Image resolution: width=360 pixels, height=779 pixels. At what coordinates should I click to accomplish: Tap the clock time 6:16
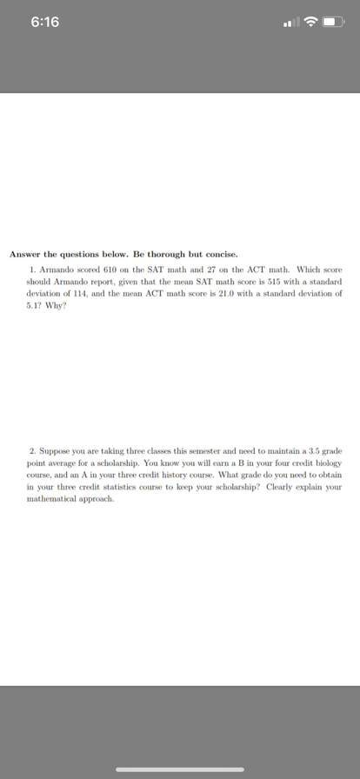(44, 22)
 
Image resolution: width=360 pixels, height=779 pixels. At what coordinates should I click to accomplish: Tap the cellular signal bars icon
(290, 22)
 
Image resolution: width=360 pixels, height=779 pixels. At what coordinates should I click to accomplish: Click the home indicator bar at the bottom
(180, 769)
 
